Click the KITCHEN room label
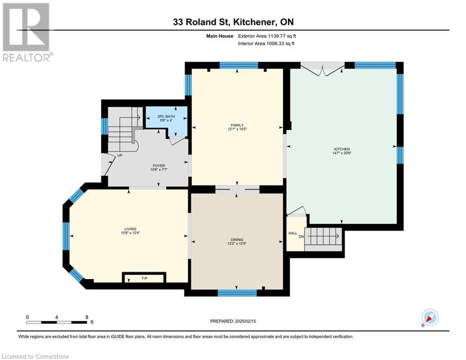[x=342, y=149]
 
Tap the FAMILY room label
[x=237, y=125]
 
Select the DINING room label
[x=237, y=240]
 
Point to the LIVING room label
[x=131, y=229]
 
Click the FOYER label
[x=159, y=166]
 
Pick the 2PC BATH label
[x=166, y=116]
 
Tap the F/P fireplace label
[x=144, y=278]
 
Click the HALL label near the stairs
[x=293, y=233]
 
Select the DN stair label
[x=301, y=237]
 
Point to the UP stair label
[x=120, y=155]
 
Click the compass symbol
[x=430, y=318]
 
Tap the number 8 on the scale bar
[x=87, y=317]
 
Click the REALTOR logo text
[x=28, y=57]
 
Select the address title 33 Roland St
[x=202, y=22]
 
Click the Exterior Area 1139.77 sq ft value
[x=267, y=36]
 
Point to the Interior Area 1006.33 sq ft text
[x=266, y=44]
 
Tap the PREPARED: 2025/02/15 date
[x=233, y=321]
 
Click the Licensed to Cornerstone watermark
[x=35, y=356]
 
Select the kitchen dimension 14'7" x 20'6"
[x=342, y=153]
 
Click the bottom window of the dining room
[x=237, y=293]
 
